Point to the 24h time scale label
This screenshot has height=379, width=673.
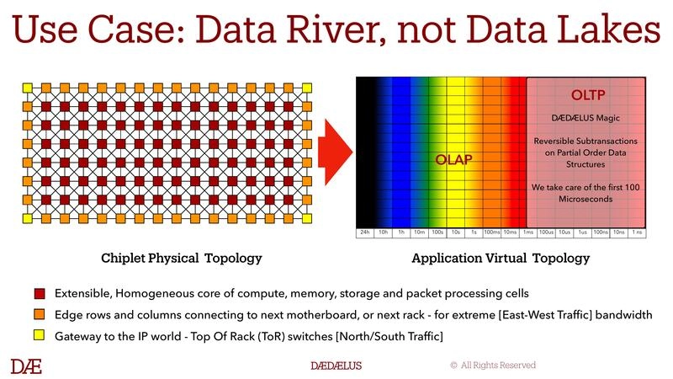[x=365, y=232]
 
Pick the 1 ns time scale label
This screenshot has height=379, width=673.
[x=638, y=232]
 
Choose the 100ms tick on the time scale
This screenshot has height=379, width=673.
[x=491, y=232]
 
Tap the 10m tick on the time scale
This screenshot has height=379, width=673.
[x=418, y=232]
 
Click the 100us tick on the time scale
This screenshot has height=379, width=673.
[x=544, y=232]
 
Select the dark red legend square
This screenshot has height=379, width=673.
[x=40, y=294]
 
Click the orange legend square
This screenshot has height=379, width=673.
[x=40, y=315]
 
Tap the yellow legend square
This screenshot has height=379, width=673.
[x=40, y=336]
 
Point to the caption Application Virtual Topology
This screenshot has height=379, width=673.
[x=501, y=258]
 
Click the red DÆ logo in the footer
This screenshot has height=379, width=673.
[x=26, y=366]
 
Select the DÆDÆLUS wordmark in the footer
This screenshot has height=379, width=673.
[x=336, y=366]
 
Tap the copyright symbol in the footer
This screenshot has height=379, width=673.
[x=453, y=366]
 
